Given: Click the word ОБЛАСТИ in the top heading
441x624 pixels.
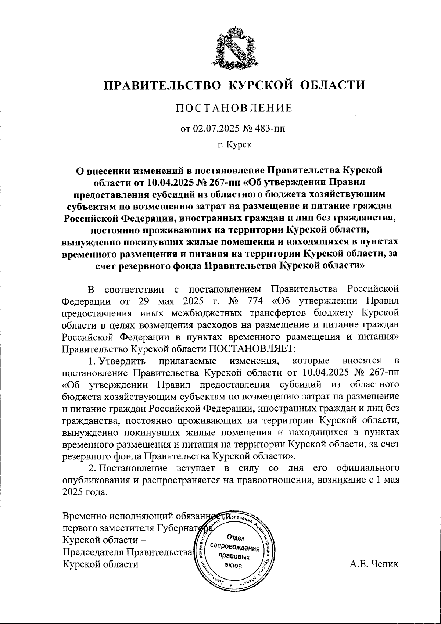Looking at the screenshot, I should pos(333,85).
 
